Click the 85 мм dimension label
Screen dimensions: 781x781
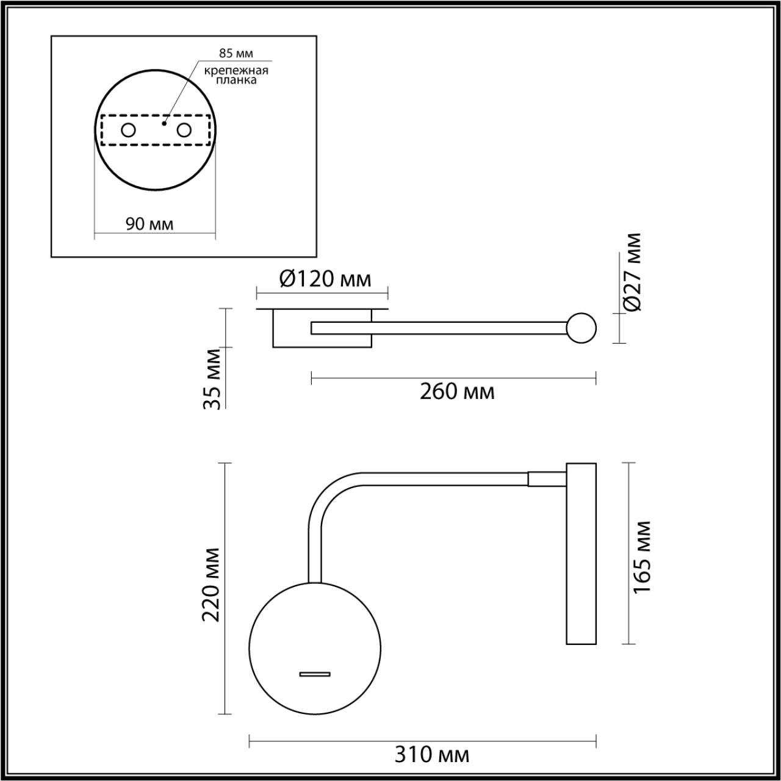236,53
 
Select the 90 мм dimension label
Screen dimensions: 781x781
149,224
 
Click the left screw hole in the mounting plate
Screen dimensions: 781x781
128,130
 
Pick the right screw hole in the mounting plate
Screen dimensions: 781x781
184,130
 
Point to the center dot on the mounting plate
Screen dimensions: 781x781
164,123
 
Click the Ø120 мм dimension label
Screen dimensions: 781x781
325,279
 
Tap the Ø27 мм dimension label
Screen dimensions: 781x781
633,272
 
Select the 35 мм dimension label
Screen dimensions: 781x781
213,378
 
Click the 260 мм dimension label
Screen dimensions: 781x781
457,391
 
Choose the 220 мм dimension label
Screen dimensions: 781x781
211,584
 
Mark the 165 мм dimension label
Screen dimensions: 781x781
641,556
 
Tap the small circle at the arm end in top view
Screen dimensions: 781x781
581,328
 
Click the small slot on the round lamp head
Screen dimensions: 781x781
315,674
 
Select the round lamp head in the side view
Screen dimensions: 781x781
315,647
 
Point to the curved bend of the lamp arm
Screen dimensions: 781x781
330,495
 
